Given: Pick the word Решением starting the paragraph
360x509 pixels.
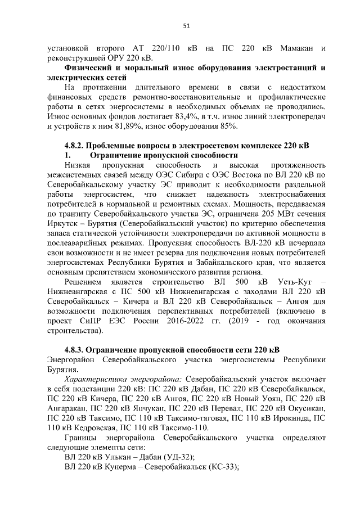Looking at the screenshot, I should pyautogui.click(x=84, y=282).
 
